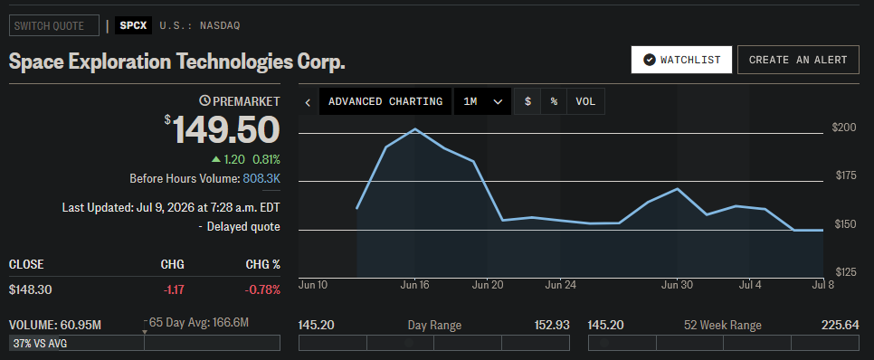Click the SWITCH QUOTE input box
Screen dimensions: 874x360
tap(54, 25)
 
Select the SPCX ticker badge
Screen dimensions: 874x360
tap(133, 25)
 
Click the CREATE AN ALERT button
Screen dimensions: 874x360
tap(798, 60)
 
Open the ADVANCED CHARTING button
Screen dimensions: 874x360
tap(385, 101)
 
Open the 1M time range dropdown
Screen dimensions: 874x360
tap(483, 101)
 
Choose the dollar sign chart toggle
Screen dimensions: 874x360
tap(527, 101)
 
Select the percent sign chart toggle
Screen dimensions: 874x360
tap(554, 101)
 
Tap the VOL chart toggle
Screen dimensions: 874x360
tap(585, 101)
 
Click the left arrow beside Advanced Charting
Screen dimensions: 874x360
tap(308, 102)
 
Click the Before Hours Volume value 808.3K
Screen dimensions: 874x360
tap(261, 179)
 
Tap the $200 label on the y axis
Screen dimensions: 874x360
tap(844, 128)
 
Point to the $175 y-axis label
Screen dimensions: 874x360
tap(846, 176)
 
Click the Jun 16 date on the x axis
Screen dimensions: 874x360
tap(414, 285)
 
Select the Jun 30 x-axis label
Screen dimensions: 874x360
tap(677, 285)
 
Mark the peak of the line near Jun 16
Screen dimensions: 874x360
tap(415, 129)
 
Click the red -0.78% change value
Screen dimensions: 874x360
tap(261, 289)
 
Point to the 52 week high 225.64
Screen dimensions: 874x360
tap(840, 325)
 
